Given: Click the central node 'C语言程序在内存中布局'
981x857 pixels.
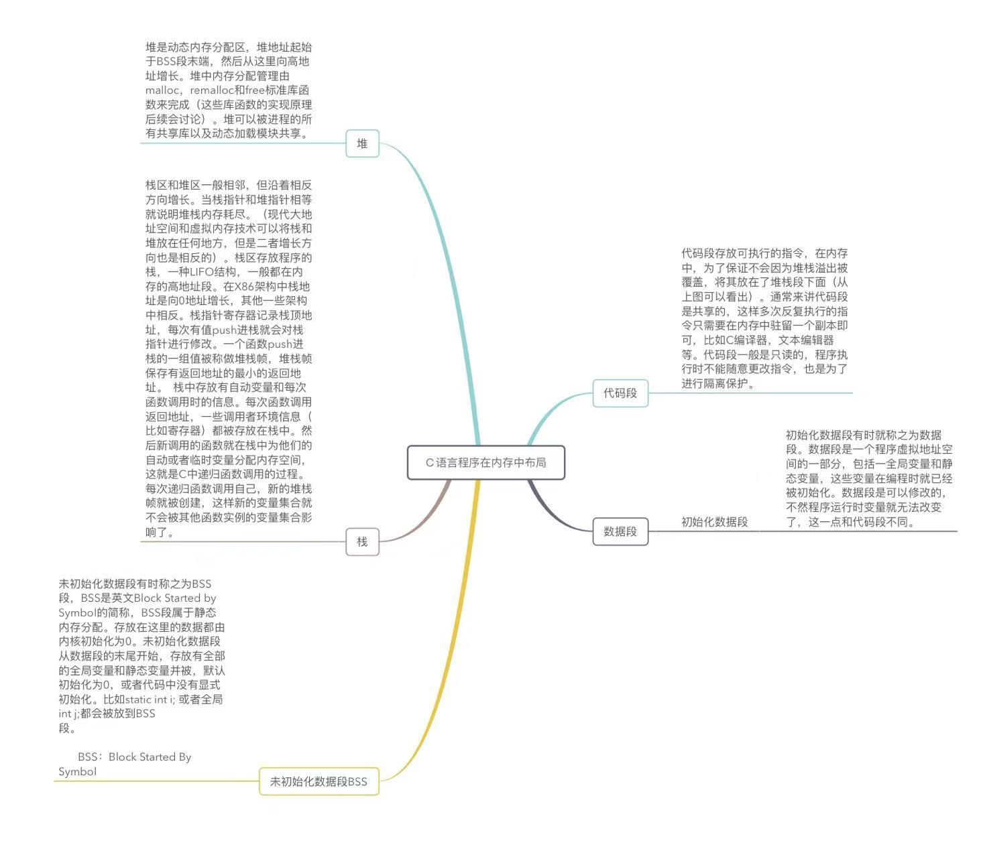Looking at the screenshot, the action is tap(486, 462).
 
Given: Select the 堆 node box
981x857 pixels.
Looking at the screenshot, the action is tap(362, 143).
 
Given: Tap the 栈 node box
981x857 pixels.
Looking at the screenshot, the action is tap(362, 541).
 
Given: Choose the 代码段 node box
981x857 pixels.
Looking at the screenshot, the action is tap(620, 393).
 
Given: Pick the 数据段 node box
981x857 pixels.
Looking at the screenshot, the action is tap(620, 531).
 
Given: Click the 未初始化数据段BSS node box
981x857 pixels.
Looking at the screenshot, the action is tap(319, 781).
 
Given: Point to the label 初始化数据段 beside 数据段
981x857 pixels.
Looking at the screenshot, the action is tap(714, 522).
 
